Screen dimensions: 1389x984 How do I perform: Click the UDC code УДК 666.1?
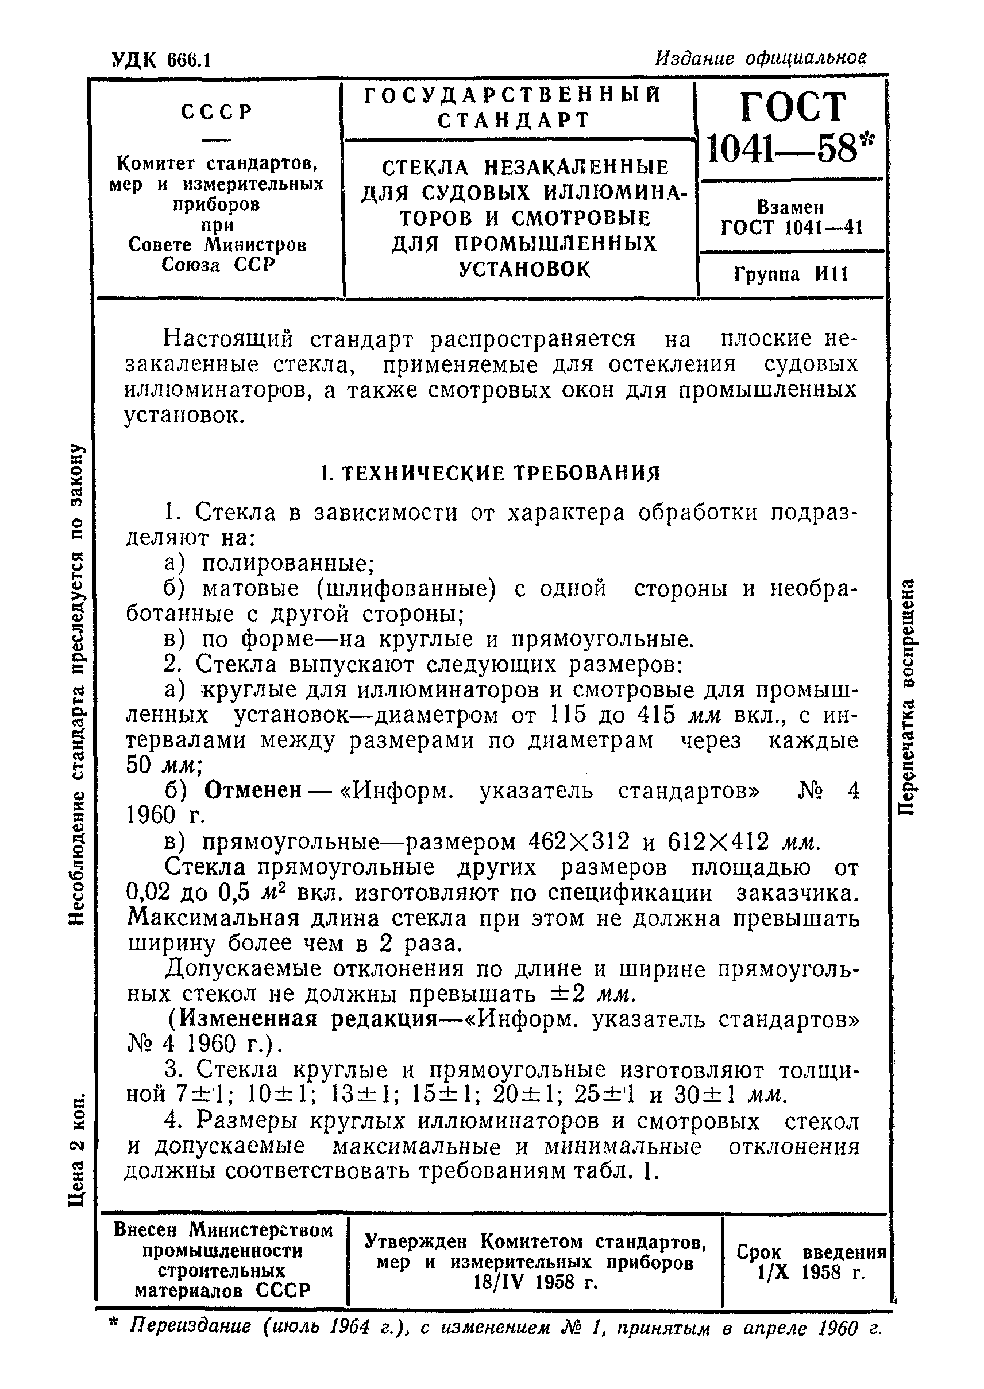(x=161, y=60)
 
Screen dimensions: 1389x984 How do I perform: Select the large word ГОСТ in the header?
(x=792, y=108)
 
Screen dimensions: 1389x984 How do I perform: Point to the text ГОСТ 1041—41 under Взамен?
(x=792, y=228)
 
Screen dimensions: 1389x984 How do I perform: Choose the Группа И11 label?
(x=792, y=274)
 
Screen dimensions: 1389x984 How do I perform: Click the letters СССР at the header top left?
(x=217, y=112)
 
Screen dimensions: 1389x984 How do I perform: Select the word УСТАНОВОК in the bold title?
(x=524, y=269)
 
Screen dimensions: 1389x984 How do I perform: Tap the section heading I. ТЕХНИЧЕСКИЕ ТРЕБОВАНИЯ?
(x=491, y=473)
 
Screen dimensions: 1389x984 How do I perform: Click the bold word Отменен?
(x=253, y=790)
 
